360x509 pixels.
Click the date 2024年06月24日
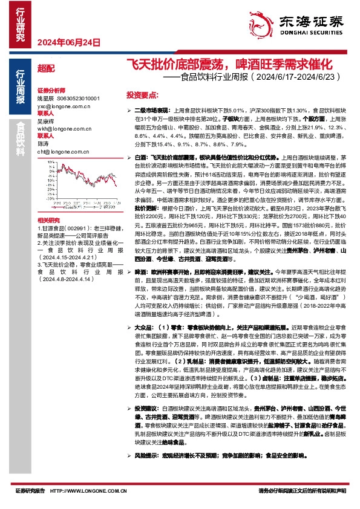[59, 42]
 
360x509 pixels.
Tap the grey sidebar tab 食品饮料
[21, 143]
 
